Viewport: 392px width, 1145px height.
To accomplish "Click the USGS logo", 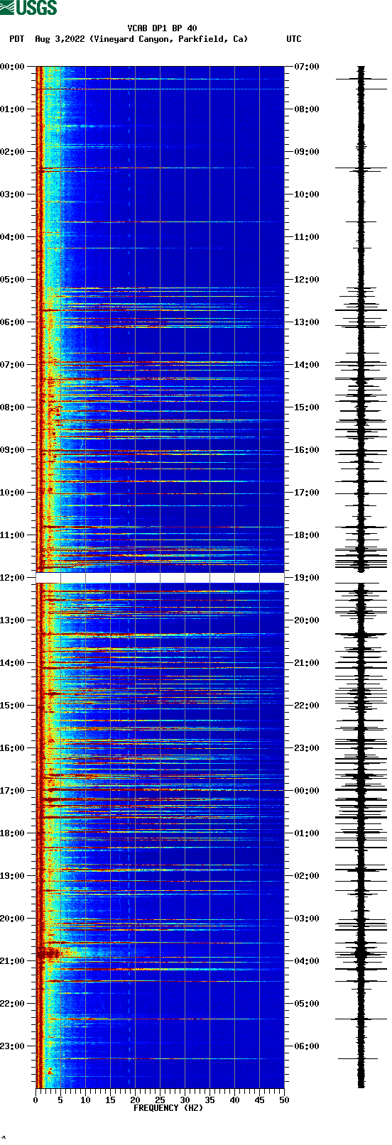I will (x=28, y=8).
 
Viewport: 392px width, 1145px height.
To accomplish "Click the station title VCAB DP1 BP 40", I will (x=162, y=28).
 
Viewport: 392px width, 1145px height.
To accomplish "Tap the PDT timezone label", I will (x=16, y=39).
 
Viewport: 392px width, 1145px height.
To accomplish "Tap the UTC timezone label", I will (x=293, y=39).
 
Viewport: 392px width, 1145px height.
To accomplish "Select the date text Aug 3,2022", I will (x=60, y=39).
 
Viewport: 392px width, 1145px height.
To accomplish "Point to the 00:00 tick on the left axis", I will (x=13, y=67).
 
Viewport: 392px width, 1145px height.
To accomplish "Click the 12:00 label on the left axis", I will (x=13, y=578).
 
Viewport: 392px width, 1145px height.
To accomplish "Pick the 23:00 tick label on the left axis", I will (x=13, y=1046).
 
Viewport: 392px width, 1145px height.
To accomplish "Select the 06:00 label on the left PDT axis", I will (x=13, y=322).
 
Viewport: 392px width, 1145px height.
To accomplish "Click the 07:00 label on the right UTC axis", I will (x=306, y=67).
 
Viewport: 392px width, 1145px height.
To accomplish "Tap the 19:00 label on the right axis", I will (x=306, y=578).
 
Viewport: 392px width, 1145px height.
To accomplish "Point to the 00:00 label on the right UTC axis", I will (x=306, y=791).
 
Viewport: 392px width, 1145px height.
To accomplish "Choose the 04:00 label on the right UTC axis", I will (x=306, y=961).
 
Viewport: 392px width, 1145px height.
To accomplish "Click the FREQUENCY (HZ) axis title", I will (x=168, y=1108).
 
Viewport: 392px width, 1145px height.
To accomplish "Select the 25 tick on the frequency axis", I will (x=160, y=1100).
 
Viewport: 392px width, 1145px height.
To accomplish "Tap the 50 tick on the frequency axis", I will (x=284, y=1100).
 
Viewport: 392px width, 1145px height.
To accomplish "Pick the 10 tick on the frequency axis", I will (x=85, y=1100).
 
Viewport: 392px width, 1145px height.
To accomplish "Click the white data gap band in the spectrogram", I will (x=160, y=578).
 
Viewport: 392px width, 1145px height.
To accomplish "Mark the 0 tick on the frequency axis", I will (x=36, y=1100).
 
